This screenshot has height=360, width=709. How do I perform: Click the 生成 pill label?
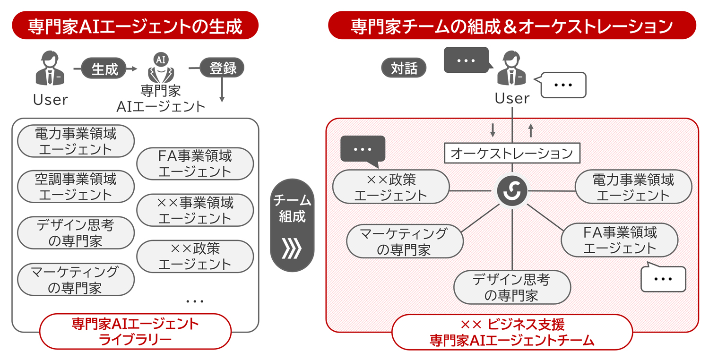[104, 69]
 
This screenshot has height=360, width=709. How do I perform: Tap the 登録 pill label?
[222, 69]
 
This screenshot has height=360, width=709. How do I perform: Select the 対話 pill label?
[404, 69]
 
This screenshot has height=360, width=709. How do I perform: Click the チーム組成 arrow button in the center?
[292, 225]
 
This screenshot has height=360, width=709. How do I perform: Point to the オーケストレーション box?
[512, 153]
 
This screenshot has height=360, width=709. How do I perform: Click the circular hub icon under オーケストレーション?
[512, 190]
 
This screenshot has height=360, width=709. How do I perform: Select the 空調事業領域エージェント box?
[76, 187]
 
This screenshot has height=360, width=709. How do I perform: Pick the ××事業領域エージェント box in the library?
[195, 210]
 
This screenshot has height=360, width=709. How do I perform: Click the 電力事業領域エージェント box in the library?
[76, 141]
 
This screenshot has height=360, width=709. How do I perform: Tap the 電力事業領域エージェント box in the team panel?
[633, 187]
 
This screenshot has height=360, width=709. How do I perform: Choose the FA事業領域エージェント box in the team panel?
[620, 240]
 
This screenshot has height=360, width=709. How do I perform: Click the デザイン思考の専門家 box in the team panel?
[512, 287]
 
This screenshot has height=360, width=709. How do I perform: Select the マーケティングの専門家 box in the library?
[76, 280]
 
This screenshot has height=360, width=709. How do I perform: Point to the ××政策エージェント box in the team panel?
[390, 187]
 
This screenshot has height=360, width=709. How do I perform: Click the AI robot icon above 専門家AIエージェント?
[161, 69]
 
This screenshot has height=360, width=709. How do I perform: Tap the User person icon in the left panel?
[50, 69]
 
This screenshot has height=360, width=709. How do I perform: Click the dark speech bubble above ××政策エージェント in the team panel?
[363, 150]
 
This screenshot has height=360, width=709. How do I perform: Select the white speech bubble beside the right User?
[563, 85]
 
